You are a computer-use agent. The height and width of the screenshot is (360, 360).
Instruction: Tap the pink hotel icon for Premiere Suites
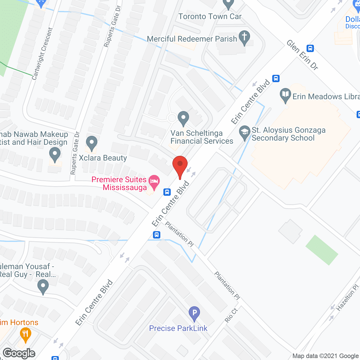[x=154, y=181]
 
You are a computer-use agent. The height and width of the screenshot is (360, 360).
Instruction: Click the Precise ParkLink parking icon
[x=194, y=313]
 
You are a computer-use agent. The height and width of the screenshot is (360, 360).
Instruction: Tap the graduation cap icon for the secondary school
[x=244, y=132]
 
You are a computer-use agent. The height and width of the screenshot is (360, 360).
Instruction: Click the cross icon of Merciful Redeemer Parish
[x=244, y=37]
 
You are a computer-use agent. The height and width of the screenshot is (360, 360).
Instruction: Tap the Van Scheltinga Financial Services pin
[x=183, y=118]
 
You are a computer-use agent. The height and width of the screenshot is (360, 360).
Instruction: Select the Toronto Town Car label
[x=210, y=17]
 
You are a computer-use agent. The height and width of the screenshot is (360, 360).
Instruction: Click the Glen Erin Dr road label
[x=302, y=55]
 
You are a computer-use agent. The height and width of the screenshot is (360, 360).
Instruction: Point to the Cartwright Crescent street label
[x=42, y=53]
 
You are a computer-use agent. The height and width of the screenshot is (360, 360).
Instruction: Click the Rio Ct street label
[x=231, y=315]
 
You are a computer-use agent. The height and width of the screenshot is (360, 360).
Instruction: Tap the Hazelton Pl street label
[x=348, y=297]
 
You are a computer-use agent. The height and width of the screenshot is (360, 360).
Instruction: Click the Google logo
[x=19, y=353]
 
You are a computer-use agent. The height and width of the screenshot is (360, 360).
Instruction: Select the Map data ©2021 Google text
[x=325, y=356]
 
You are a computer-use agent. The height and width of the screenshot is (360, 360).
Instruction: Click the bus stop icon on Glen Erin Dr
[x=310, y=48]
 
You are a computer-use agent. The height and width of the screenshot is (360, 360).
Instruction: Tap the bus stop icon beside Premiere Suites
[x=167, y=192]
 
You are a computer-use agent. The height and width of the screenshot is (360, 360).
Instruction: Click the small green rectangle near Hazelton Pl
[x=322, y=250]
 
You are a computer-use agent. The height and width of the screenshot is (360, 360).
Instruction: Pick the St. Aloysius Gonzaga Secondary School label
[x=288, y=134]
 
